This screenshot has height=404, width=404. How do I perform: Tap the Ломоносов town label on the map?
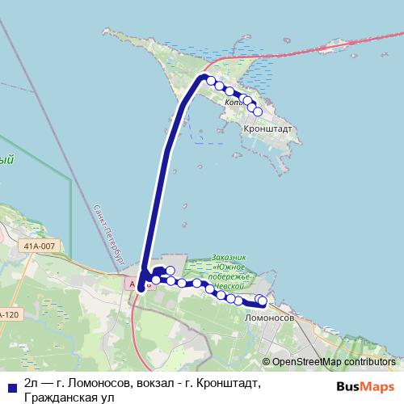tap(269, 318)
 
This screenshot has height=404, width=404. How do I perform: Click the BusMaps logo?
tap(365, 385)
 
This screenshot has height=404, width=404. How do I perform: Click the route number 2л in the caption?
tap(32, 382)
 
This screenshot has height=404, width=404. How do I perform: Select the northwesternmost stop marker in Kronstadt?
tap(211, 81)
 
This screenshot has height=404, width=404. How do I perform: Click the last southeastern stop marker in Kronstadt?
tap(258, 112)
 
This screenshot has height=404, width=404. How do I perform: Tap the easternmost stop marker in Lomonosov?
tap(262, 302)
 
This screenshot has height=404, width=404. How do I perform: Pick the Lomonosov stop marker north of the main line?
tap(170, 271)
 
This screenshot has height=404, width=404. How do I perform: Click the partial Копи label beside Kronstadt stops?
tap(234, 103)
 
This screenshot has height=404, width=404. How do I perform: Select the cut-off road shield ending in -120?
tap(8, 314)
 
